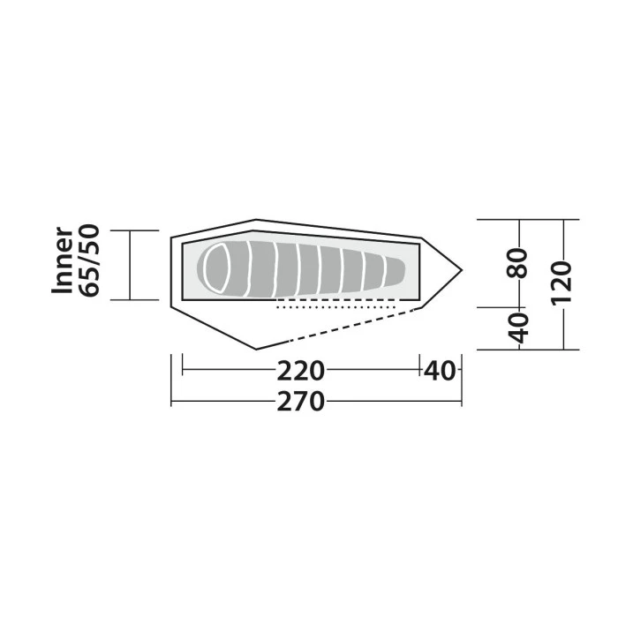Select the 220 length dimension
click(301, 370)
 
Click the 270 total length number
click(301, 402)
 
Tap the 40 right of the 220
click(441, 370)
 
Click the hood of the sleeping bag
click(216, 268)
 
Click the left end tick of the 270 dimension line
click(171, 402)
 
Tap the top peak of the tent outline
click(256, 220)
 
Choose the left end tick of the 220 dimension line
click(182, 370)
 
